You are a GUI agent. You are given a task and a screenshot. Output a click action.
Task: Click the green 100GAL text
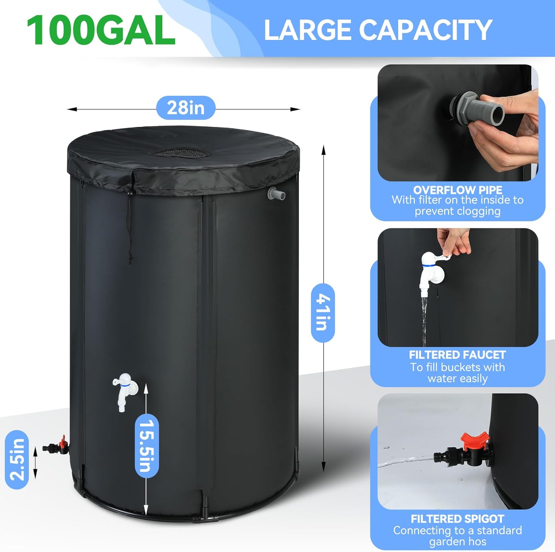tap(101, 30)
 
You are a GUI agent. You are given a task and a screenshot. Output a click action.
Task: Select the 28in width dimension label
tap(186, 108)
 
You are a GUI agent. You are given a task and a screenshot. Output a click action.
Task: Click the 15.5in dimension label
tap(147, 445)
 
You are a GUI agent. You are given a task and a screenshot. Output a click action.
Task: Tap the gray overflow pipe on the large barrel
tap(276, 194)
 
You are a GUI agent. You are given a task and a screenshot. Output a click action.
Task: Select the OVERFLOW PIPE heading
tap(458, 190)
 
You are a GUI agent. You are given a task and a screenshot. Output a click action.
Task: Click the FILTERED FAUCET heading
tap(457, 355)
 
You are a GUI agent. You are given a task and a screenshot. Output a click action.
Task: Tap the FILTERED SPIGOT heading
tap(457, 519)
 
